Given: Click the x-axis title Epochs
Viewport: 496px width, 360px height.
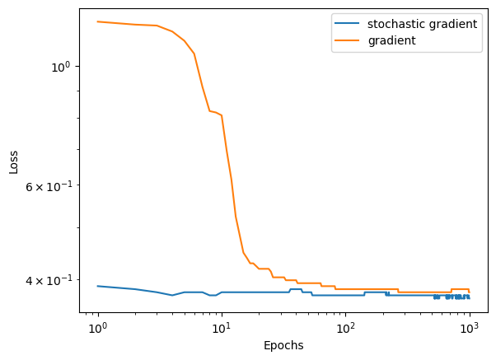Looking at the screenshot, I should coord(283,346).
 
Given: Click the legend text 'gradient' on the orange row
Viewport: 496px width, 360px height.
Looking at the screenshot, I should coord(391,40).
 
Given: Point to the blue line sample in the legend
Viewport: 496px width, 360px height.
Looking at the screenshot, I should coord(347,24).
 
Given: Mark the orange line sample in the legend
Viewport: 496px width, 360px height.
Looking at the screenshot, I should coord(347,40).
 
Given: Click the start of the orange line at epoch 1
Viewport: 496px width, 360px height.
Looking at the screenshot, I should coord(98,21).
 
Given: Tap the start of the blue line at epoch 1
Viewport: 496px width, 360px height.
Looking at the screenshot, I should coord(98,286).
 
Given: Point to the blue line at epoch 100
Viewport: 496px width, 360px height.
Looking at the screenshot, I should coord(345,295).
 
